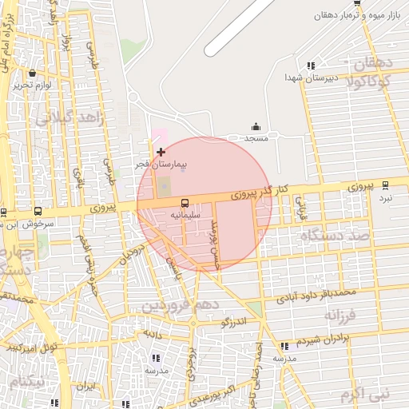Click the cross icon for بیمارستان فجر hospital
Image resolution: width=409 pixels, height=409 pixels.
[161, 151]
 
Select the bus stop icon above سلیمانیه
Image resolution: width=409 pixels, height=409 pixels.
[185, 203]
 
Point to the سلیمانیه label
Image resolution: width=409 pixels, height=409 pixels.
[185, 216]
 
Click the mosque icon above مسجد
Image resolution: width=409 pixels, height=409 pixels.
[256, 126]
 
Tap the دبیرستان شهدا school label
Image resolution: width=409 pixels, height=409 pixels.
[308, 77]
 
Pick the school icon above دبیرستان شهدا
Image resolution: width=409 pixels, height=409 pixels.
[310, 66]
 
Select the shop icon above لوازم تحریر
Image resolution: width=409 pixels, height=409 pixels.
[32, 73]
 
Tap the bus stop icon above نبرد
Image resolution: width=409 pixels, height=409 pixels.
[386, 185]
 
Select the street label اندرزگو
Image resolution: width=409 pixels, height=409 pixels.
[236, 322]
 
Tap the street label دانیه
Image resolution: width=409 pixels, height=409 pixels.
[153, 331]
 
